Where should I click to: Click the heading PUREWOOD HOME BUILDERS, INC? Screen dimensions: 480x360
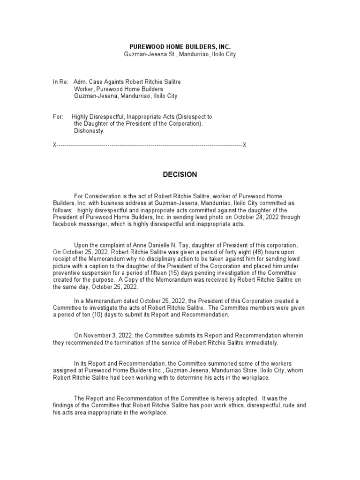180,47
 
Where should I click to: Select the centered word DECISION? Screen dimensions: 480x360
180,175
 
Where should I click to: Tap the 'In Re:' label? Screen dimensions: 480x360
60,82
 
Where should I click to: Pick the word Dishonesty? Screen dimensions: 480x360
90,131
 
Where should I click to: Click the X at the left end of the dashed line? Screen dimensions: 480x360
54,145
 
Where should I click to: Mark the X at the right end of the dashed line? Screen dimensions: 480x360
244,145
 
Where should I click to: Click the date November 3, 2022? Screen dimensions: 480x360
108,336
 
